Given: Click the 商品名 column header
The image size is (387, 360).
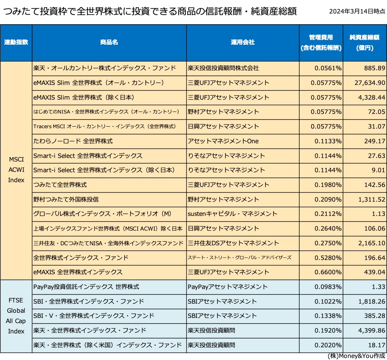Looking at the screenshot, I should (x=109, y=42).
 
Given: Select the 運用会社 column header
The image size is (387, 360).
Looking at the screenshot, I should (x=243, y=42).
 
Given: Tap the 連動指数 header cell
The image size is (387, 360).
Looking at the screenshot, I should (x=16, y=42).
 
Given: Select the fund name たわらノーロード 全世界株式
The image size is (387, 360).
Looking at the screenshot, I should (x=73, y=141).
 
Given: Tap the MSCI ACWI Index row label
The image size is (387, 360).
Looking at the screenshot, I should (x=16, y=170).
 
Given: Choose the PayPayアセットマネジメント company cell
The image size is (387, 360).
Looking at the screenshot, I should (x=227, y=287).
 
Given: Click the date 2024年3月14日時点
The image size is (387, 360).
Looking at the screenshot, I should (x=357, y=11).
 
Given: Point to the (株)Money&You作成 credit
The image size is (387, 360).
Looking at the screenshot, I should (x=356, y=356).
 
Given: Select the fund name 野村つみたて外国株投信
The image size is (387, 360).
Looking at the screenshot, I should (x=66, y=199).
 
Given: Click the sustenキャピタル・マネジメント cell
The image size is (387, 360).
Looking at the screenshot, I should (x=232, y=214).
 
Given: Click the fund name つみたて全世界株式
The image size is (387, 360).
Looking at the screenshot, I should (x=60, y=185).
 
